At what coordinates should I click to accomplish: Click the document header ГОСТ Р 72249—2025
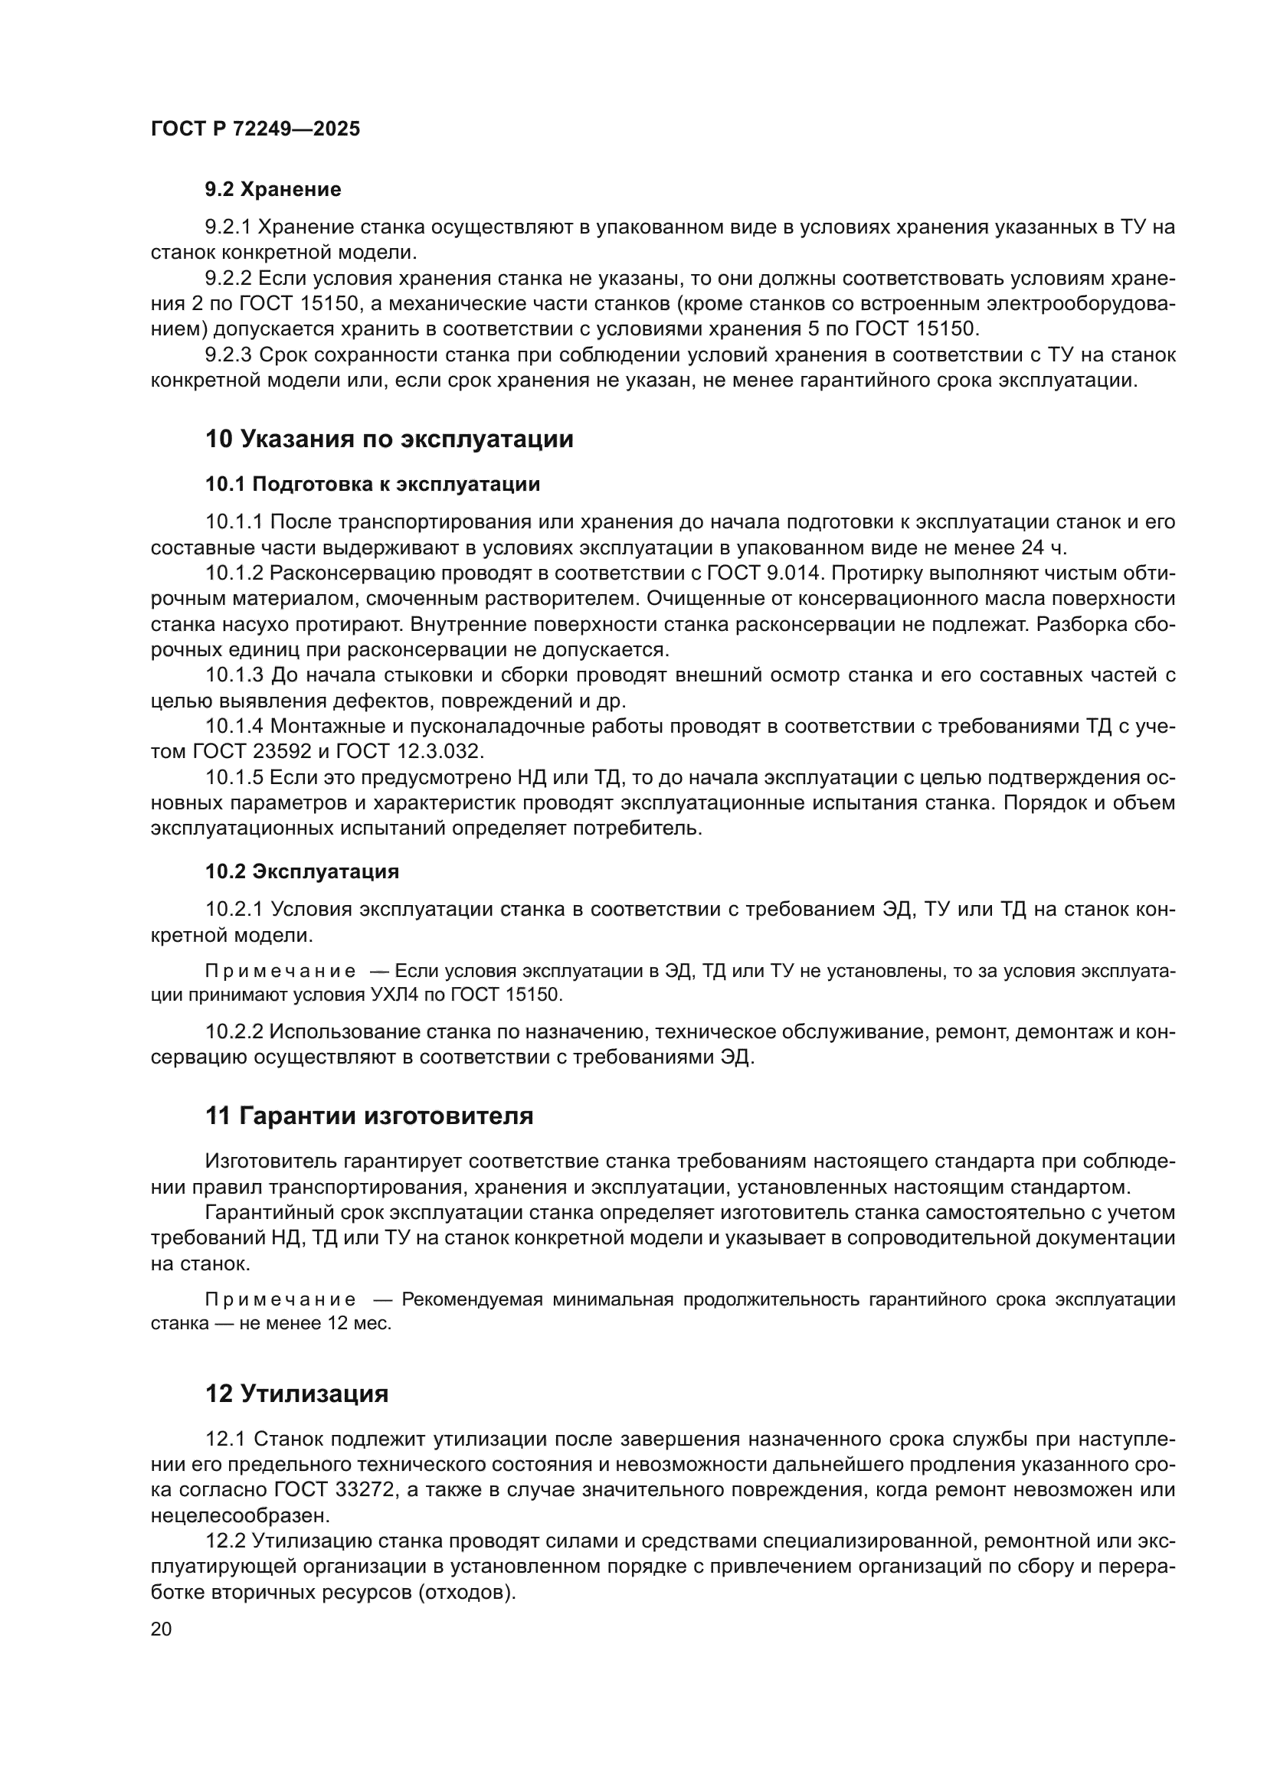pyautogui.click(x=255, y=129)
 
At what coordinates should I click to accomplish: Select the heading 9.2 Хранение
pyautogui.click(x=273, y=190)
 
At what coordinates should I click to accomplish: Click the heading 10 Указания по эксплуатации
pyautogui.click(x=388, y=440)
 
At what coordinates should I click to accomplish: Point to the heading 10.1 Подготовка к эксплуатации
pyautogui.click(x=372, y=485)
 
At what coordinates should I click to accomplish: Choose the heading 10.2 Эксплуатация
pyautogui.click(x=302, y=871)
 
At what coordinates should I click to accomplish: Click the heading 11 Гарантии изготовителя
pyautogui.click(x=369, y=1116)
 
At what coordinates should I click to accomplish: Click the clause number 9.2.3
pyautogui.click(x=228, y=356)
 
